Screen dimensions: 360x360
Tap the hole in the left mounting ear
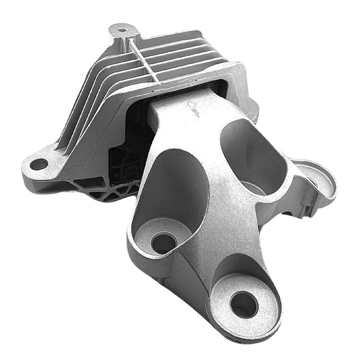(x=38, y=163)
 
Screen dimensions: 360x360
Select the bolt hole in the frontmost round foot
(x=243, y=304)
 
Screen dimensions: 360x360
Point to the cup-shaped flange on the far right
(x=316, y=178)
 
